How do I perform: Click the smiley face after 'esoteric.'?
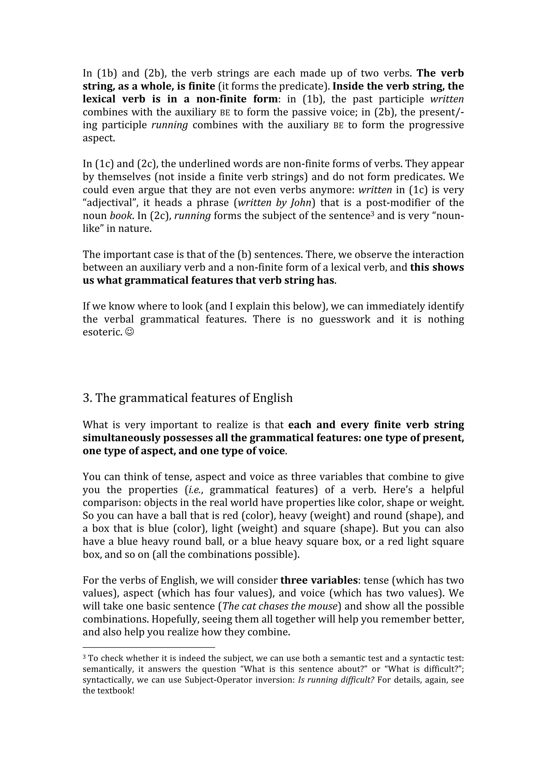pyautogui.click(x=129, y=332)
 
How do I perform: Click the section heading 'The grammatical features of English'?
pyautogui.click(x=194, y=398)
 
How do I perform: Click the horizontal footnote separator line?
pyautogui.click(x=149, y=647)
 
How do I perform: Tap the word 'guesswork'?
pyautogui.click(x=345, y=319)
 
